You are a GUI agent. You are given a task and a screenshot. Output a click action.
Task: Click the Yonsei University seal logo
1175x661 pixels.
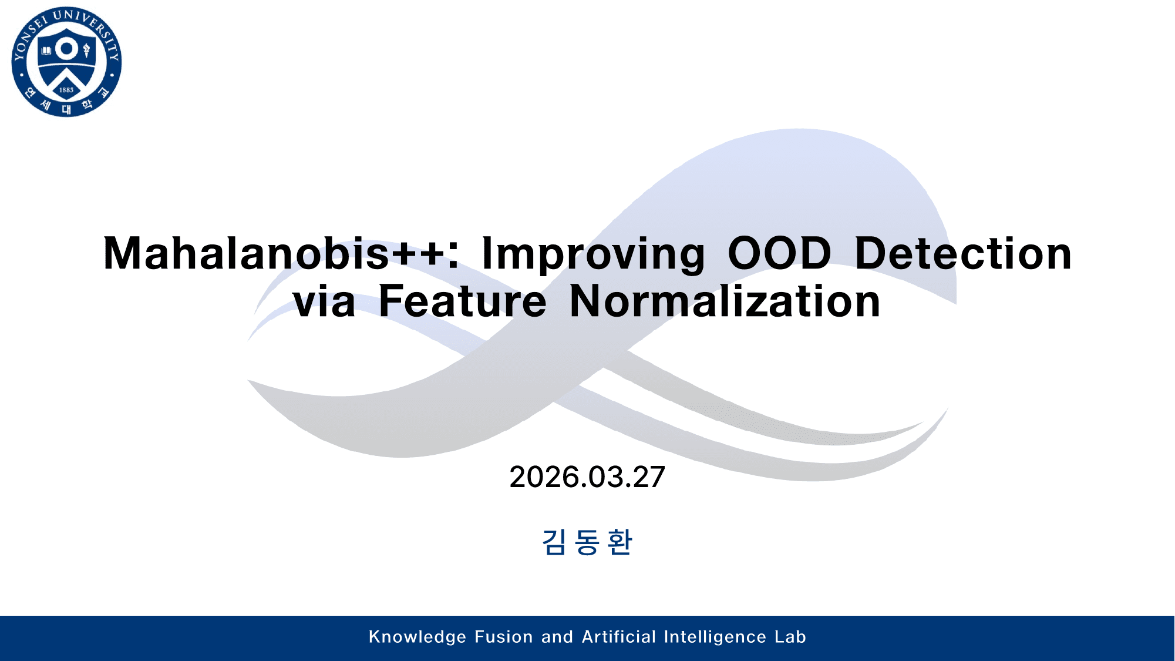[x=66, y=62]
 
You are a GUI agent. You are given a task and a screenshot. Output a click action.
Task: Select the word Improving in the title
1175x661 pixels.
[x=593, y=254]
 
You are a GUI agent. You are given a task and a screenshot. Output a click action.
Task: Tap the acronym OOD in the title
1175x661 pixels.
[x=779, y=254]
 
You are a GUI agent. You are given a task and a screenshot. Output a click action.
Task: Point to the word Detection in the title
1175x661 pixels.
[x=963, y=254]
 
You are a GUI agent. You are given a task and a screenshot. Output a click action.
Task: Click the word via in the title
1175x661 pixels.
[x=324, y=301]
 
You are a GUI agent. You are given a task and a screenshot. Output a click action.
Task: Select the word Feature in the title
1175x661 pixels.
[x=462, y=301]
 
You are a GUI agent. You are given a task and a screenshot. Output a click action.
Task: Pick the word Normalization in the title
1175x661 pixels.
[x=725, y=301]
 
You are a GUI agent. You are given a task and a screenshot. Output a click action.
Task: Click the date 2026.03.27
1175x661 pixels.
[x=587, y=477]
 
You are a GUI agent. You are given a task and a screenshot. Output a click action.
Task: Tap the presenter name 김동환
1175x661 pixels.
[x=587, y=542]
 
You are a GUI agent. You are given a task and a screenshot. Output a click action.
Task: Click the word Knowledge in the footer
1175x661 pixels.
[x=418, y=637]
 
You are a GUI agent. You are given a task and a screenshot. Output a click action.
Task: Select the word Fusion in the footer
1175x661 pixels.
[x=503, y=637]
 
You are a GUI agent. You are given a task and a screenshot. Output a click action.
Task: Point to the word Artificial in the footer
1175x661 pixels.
[x=618, y=637]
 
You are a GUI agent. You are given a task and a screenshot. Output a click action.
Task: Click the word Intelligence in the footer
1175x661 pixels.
[x=715, y=637]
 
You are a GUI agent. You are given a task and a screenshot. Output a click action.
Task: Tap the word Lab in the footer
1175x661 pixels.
[x=790, y=637]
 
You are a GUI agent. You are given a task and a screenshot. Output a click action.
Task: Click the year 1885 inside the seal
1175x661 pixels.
[x=66, y=90]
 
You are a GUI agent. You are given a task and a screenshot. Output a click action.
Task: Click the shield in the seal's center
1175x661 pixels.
[x=66, y=65]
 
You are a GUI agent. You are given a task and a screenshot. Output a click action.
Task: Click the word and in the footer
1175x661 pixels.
[x=557, y=637]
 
